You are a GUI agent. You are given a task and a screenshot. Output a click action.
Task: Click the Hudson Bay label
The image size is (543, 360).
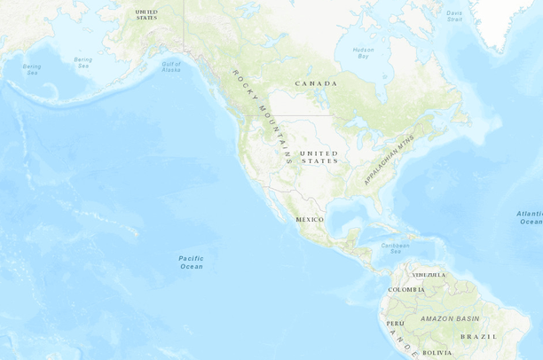pos(363,52)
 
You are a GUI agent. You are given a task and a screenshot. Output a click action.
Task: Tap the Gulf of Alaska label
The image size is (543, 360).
pos(171,65)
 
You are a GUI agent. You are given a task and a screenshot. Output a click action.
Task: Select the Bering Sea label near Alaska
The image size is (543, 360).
pos(83,62)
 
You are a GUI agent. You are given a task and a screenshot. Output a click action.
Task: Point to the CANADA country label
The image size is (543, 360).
pos(317,83)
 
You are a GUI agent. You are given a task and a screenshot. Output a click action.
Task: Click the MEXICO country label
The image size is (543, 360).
pos(310,219)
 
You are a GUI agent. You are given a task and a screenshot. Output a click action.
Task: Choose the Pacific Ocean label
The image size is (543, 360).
pos(191,262)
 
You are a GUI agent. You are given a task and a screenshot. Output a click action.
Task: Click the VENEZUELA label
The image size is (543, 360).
pos(429,275)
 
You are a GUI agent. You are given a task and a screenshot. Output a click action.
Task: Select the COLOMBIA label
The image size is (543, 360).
pos(406,290)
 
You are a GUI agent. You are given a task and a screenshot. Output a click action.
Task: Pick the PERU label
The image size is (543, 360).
pos(395,324)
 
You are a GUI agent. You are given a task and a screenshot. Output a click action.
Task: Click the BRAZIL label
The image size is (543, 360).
pos(479,337)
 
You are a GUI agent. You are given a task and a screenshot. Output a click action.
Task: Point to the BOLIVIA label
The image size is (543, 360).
pos(437,353)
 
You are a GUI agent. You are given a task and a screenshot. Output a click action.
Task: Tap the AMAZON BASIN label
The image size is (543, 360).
pos(450,318)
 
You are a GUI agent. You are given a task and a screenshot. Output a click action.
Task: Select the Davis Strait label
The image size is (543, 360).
pos(454,16)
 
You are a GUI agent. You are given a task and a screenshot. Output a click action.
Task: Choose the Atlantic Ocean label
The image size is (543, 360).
pos(530,217)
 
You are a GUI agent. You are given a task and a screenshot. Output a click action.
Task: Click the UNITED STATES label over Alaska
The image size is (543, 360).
pos(146,14)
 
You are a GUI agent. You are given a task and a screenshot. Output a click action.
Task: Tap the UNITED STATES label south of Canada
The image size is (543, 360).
pos(319,157)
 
